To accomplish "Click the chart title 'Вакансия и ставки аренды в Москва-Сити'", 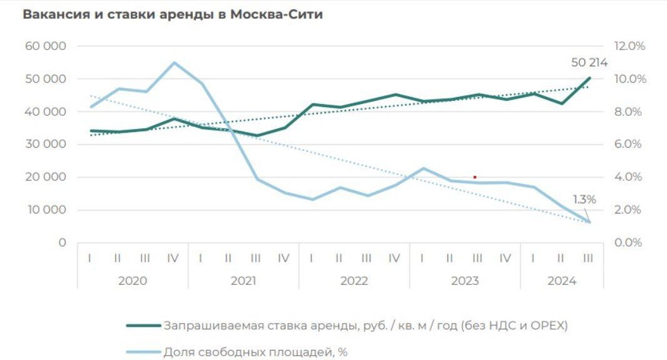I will [x=173, y=15].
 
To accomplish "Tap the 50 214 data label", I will [x=589, y=63].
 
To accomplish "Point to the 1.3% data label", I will [x=584, y=200].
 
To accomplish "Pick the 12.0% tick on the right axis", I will [x=629, y=46].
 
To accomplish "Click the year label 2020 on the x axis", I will [x=132, y=281].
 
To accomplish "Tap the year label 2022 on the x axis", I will [x=354, y=281].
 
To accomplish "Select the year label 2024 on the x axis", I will [x=561, y=281].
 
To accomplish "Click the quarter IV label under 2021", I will [x=283, y=257].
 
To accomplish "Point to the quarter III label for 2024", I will [x=588, y=257].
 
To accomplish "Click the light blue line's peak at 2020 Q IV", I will [x=173, y=63].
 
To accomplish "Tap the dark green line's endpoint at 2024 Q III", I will [x=588, y=78].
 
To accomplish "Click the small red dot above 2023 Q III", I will [x=475, y=177].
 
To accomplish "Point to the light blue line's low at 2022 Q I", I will [x=312, y=200].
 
